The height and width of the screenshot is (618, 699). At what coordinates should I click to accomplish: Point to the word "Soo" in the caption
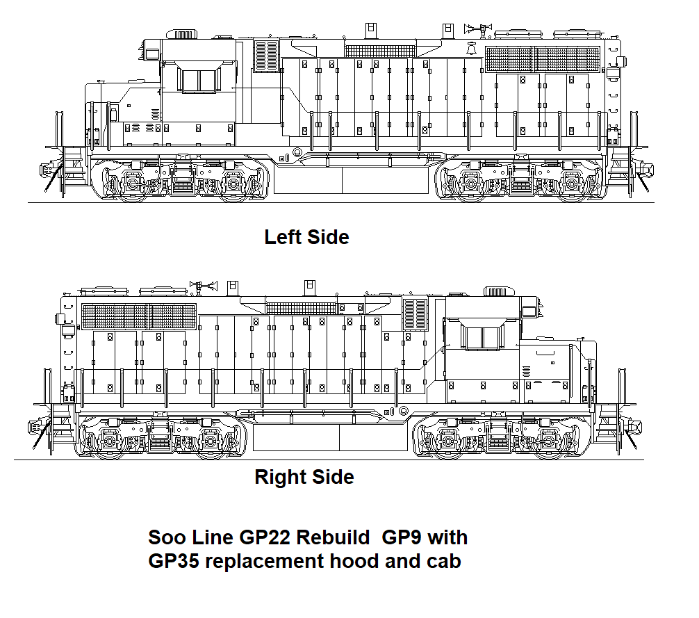166,537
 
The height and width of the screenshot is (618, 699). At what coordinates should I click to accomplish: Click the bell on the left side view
471,51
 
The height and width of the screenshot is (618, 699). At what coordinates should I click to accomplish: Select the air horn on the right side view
204,284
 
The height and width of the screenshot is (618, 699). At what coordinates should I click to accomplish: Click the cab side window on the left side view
199,81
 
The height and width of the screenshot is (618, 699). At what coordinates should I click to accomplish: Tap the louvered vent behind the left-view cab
266,55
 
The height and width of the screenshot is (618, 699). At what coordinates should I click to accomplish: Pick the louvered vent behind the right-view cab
415,314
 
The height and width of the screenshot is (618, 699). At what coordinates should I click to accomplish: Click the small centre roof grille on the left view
381,51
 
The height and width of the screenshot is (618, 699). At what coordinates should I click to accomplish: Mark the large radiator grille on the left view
543,59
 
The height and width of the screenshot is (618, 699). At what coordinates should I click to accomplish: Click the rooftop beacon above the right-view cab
495,290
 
